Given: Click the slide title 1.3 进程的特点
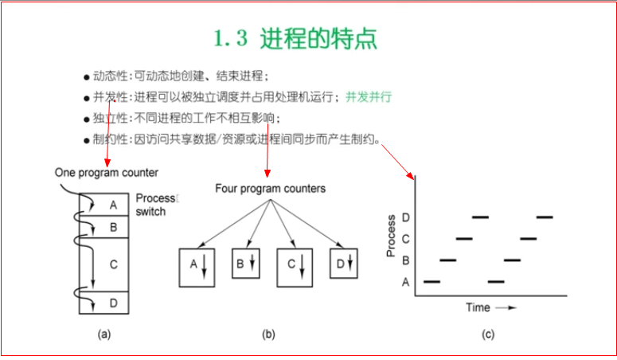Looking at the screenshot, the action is [x=295, y=38].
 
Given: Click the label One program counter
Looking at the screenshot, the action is [x=107, y=172].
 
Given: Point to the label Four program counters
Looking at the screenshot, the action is [x=270, y=189].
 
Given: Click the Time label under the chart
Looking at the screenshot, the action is [x=478, y=307].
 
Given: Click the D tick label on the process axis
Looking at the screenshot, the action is [x=406, y=217].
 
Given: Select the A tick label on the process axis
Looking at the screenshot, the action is [x=406, y=281].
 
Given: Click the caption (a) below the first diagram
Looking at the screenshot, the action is [x=103, y=335].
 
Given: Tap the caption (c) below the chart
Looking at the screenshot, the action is [x=488, y=335].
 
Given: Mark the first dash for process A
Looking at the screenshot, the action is [x=432, y=281].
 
